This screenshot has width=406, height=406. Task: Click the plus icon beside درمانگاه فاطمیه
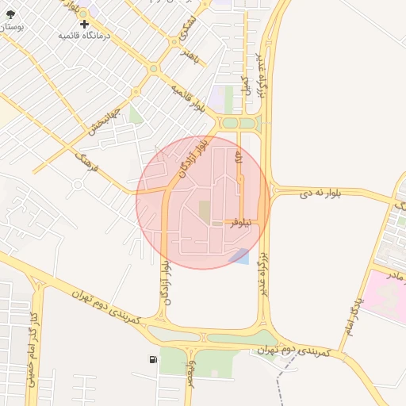(x=84, y=24)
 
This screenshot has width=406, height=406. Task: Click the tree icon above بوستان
(x=10, y=13)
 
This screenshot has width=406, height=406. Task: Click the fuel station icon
(x=153, y=359)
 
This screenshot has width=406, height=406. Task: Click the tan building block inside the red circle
(x=205, y=211)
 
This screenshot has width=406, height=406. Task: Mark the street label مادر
(x=394, y=274)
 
